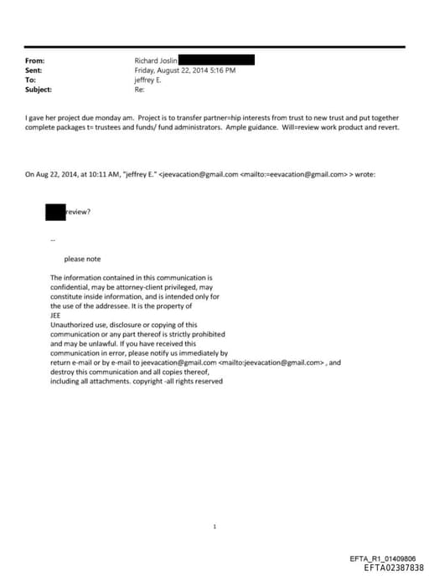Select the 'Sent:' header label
coord(34,70)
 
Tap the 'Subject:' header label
coord(39,90)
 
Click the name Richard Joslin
coord(155,61)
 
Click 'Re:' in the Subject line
coord(139,90)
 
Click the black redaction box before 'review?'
coord(55,211)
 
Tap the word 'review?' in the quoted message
coord(79,212)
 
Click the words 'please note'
coord(82,259)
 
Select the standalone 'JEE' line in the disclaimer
coord(56,316)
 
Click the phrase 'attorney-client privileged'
coord(158,286)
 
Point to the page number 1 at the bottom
coord(215,527)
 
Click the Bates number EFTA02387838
coord(394,567)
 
